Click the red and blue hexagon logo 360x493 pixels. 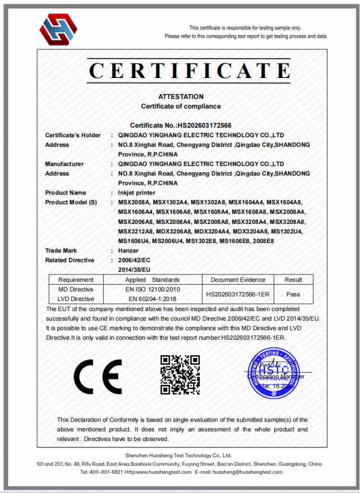(58, 29)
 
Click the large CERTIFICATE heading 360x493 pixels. (189, 71)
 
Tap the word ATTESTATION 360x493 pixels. (181, 97)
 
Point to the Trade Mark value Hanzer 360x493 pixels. (128, 251)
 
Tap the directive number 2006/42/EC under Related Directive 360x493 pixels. (131, 260)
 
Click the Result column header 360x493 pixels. (293, 280)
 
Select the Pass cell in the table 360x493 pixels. (293, 294)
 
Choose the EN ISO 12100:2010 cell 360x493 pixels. (152, 289)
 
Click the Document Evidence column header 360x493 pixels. (238, 280)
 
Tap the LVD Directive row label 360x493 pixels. (76, 299)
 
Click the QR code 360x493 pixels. (180, 375)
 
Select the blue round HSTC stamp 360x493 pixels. (273, 375)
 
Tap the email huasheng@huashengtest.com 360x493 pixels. (247, 473)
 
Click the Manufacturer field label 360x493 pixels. (64, 164)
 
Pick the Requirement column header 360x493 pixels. (76, 280)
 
